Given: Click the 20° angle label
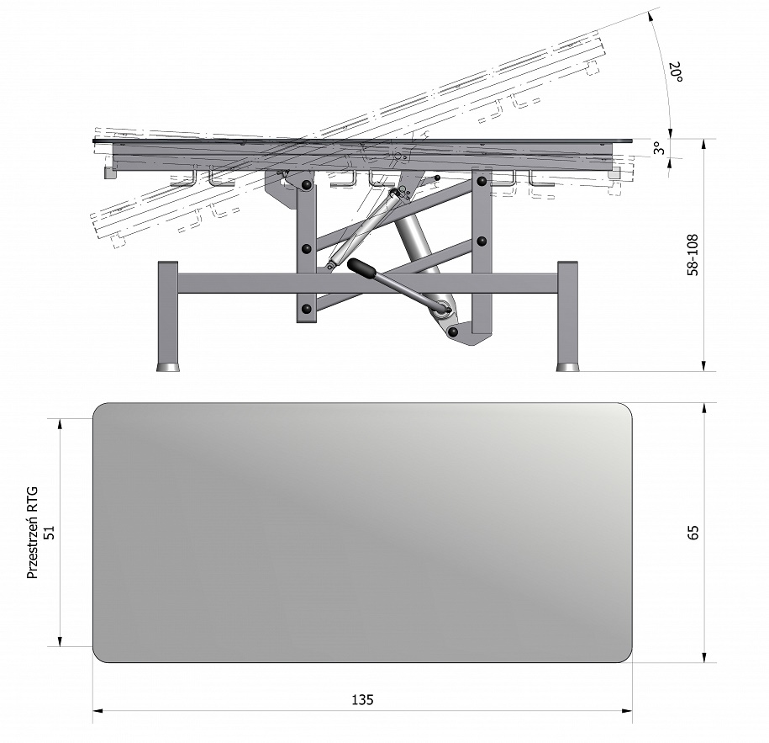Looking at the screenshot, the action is pyautogui.click(x=677, y=72).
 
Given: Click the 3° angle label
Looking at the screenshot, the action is pyautogui.click(x=660, y=148).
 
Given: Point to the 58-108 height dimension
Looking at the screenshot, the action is pyautogui.click(x=693, y=255).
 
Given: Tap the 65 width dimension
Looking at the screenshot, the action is pyautogui.click(x=693, y=533).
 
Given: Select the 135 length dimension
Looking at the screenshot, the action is pyautogui.click(x=362, y=699).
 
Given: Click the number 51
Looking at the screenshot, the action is pyautogui.click(x=50, y=533).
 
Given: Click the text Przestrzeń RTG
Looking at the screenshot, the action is pyautogui.click(x=33, y=533).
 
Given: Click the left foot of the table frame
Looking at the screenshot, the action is pyautogui.click(x=168, y=367).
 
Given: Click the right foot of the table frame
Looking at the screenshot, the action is pyautogui.click(x=568, y=367).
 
